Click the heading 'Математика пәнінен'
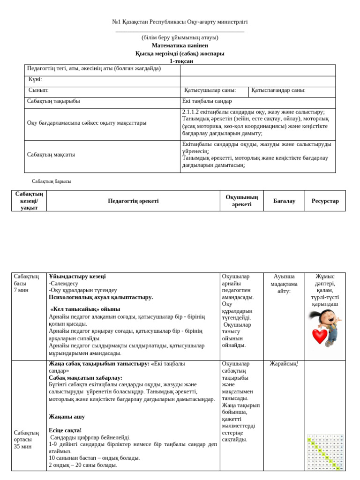[x=180, y=45]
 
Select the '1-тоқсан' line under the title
[x=180, y=61]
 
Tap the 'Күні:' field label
[x=35, y=79]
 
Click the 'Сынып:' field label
[x=38, y=90]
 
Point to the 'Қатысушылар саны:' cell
[x=210, y=90]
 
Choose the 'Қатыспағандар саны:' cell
[x=278, y=90]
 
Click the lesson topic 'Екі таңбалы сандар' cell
[x=207, y=101]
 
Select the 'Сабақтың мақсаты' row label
[x=51, y=154]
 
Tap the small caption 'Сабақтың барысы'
[x=52, y=181]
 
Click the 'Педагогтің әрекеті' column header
[x=133, y=201]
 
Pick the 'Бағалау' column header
[x=284, y=201]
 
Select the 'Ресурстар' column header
[x=325, y=201]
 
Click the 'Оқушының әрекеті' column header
[x=242, y=201]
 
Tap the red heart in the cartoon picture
[x=320, y=336]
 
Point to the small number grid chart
[x=325, y=452]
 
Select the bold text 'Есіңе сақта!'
[x=65, y=430]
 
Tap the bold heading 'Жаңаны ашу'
[x=67, y=416]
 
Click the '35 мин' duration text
[x=23, y=446]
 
